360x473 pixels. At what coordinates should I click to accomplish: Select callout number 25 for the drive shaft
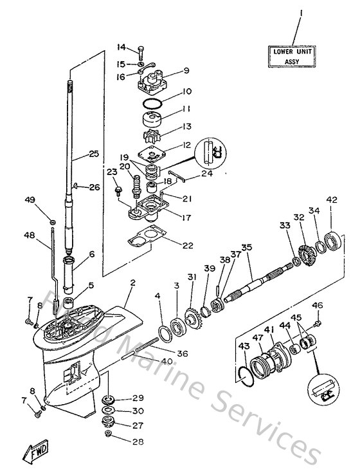click(x=94, y=154)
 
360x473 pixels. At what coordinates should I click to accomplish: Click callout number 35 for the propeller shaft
click(x=246, y=247)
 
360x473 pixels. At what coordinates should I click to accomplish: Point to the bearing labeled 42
click(x=335, y=242)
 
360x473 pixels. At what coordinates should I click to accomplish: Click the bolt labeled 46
click(x=317, y=316)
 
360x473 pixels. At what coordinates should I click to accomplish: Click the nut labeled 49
click(x=52, y=223)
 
